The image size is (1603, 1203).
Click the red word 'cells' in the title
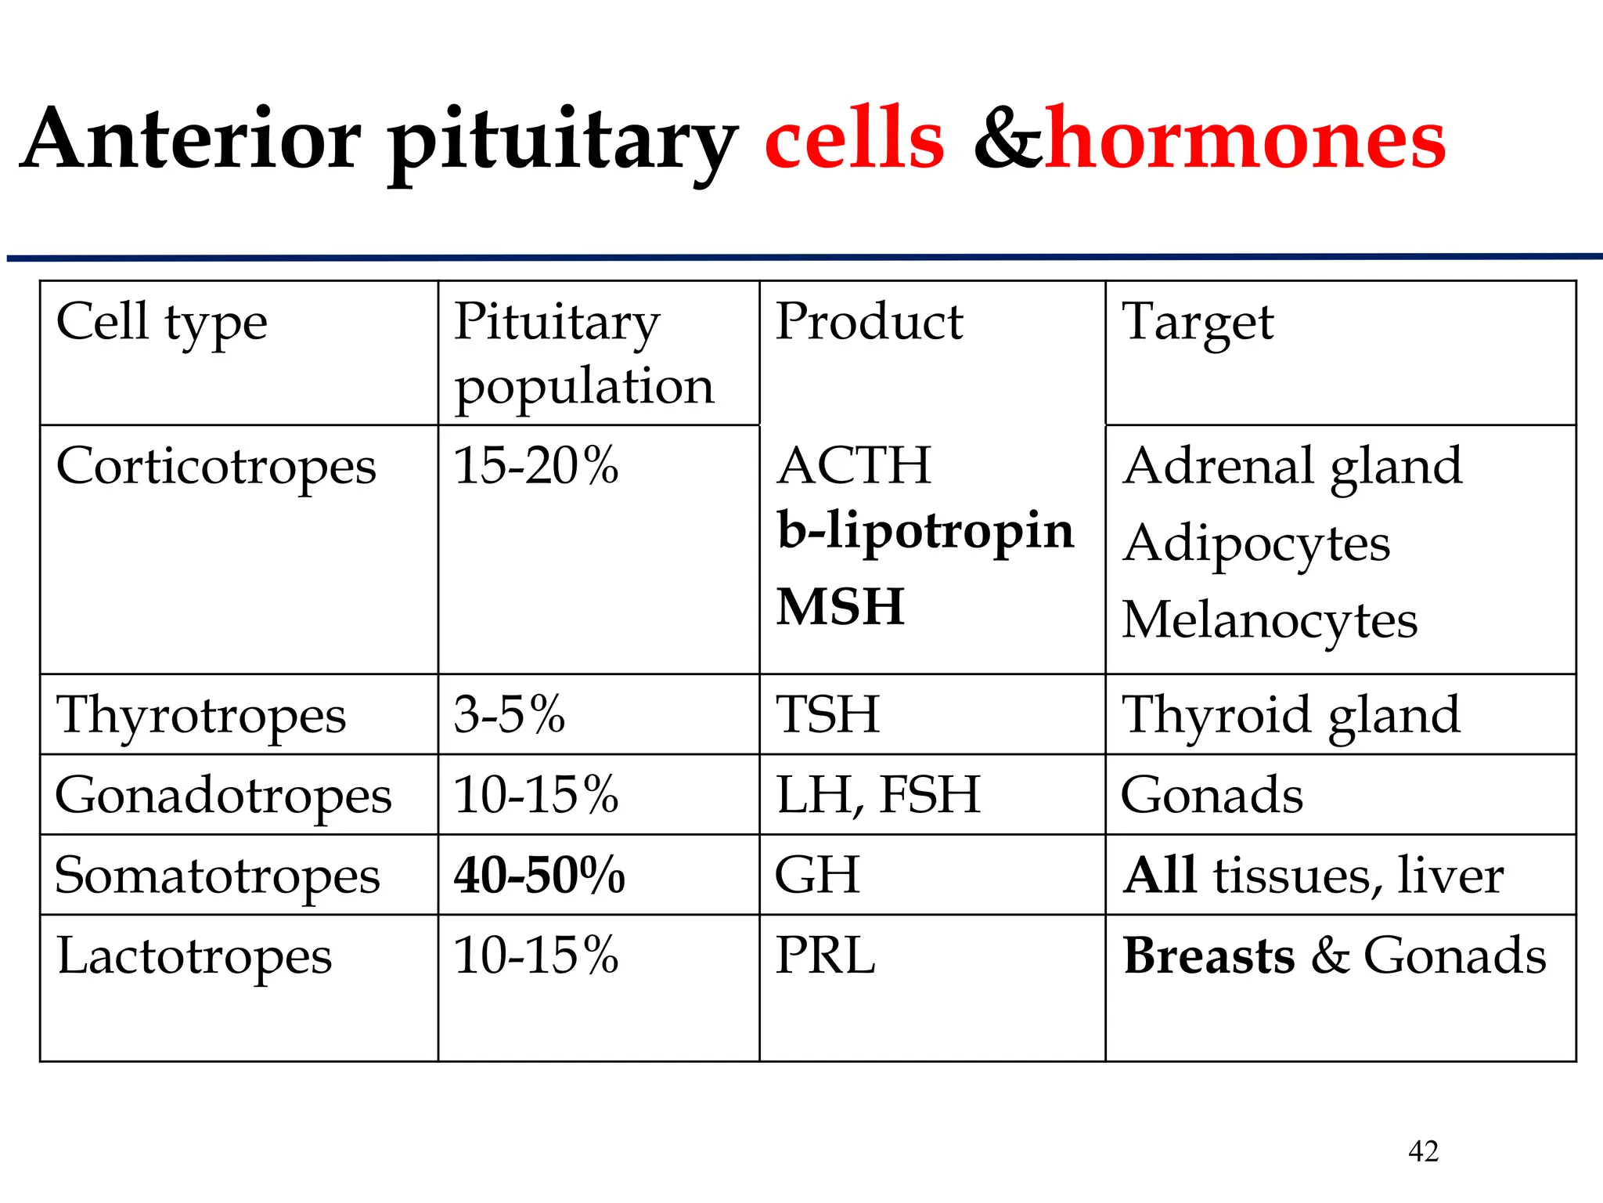click(854, 139)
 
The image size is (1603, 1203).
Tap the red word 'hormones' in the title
click(1245, 139)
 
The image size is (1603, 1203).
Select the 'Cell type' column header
click(162, 323)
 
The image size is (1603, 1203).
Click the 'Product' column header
click(869, 322)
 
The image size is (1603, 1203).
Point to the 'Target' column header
click(1198, 323)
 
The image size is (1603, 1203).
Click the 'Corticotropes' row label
click(216, 467)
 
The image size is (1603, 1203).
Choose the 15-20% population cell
click(536, 466)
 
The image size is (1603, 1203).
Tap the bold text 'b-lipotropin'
click(925, 531)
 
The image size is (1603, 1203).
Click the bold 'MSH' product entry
click(841, 607)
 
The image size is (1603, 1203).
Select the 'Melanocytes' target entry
click(1270, 621)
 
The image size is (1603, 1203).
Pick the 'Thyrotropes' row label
click(201, 716)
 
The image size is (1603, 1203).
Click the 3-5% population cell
click(510, 715)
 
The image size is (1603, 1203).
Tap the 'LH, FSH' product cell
click(878, 795)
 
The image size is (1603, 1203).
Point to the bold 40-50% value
click(539, 876)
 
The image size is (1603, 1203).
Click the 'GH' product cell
click(817, 876)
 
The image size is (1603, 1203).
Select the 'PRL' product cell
click(825, 956)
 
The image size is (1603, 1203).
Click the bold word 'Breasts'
click(1209, 956)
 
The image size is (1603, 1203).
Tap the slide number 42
click(1423, 1151)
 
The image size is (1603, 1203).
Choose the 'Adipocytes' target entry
click(1256, 544)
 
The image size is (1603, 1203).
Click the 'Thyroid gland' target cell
click(1291, 715)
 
